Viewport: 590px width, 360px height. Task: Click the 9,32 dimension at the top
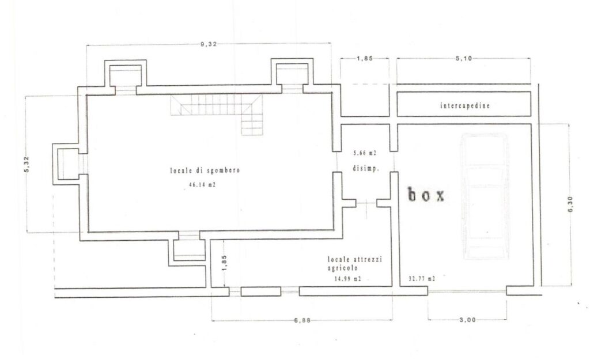(209, 44)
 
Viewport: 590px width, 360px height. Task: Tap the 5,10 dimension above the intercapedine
(464, 58)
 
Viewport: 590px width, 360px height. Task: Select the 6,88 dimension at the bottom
(302, 320)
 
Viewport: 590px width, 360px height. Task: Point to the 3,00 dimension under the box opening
(467, 320)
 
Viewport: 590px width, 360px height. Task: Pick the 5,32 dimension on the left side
(27, 164)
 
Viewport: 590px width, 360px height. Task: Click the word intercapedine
(465, 105)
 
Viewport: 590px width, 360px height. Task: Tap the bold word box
(426, 195)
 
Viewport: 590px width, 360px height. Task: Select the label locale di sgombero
(205, 170)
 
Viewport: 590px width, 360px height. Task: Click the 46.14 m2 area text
(202, 185)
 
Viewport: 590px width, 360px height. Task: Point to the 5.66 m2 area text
(365, 153)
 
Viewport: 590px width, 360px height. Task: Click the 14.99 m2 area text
(347, 279)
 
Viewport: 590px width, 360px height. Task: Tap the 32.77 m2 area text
(422, 279)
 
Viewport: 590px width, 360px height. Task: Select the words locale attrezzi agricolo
(354, 263)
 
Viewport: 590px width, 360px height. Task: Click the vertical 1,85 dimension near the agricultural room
(224, 263)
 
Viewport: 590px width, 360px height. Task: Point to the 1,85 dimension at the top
(364, 58)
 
